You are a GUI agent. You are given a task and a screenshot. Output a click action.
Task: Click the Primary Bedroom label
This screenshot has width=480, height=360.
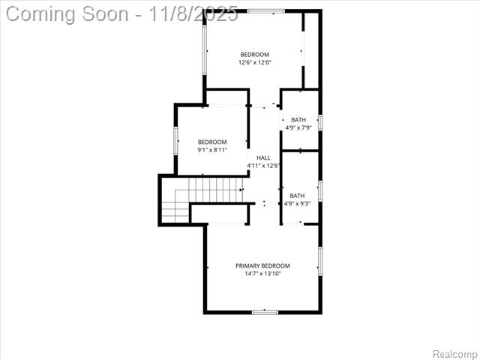tap(262, 265)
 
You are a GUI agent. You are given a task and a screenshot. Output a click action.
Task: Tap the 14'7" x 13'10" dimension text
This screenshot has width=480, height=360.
tap(262, 274)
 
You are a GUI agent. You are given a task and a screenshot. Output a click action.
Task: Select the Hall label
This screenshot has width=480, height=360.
tap(263, 157)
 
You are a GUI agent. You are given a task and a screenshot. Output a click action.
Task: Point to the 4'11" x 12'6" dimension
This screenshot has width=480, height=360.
tap(263, 166)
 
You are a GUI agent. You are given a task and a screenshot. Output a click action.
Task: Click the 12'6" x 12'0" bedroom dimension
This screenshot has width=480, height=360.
tap(255, 62)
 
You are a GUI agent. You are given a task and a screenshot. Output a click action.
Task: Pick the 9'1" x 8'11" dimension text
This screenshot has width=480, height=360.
tap(212, 150)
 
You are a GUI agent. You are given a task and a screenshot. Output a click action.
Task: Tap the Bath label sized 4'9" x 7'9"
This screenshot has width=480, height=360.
tap(298, 120)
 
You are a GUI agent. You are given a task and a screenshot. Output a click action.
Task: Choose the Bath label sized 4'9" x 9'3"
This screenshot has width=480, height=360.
tap(298, 196)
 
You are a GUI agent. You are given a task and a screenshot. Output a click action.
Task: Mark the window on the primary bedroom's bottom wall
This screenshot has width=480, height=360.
tap(265, 312)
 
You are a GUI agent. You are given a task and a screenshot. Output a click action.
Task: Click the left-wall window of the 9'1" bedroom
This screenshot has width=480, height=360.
tap(176, 140)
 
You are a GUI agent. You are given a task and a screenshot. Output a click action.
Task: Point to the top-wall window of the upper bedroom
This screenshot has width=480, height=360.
tap(266, 10)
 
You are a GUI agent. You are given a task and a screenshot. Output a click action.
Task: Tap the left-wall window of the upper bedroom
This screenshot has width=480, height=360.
tap(205, 52)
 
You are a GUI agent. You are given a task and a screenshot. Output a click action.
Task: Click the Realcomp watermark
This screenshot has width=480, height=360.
tap(454, 353)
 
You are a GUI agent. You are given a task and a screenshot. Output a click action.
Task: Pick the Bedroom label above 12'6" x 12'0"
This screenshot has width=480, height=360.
tap(255, 54)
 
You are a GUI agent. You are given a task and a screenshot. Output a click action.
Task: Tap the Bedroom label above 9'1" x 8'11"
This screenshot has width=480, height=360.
tap(212, 142)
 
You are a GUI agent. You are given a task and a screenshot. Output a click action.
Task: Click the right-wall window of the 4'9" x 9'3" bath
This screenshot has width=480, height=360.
tap(320, 190)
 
